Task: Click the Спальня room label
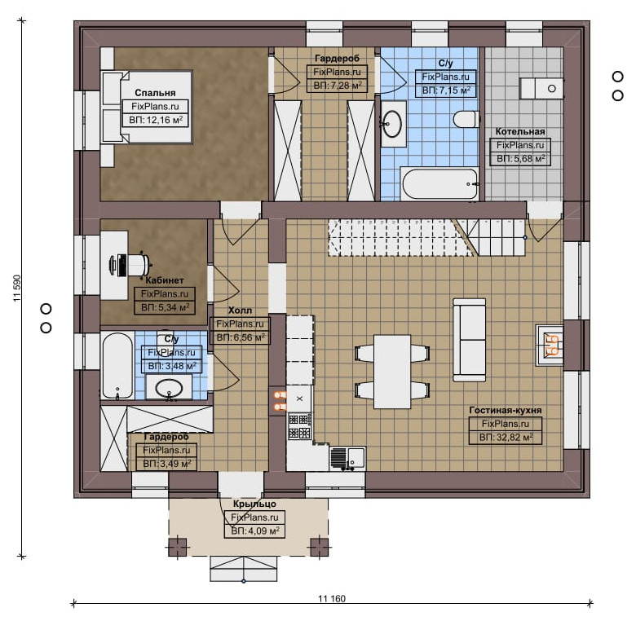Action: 155,93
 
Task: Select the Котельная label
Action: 520,131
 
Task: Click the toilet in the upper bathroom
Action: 466,120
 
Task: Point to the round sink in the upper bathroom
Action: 393,123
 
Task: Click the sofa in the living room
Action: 470,340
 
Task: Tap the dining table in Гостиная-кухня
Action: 392,372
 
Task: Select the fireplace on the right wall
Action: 550,346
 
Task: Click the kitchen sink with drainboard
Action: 347,458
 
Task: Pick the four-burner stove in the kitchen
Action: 300,426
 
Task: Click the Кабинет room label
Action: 165,280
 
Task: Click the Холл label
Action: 240,310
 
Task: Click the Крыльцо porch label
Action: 254,504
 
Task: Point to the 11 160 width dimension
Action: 332,598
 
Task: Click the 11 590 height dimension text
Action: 16,288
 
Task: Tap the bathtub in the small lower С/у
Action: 117,366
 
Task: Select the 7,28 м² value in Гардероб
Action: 338,86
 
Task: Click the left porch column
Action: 178,547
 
